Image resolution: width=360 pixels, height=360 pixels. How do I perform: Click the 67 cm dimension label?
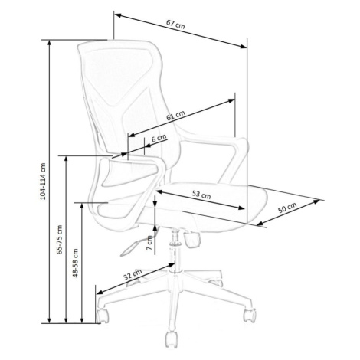(x=175, y=24)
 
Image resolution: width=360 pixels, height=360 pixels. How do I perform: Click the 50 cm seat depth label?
(x=287, y=208)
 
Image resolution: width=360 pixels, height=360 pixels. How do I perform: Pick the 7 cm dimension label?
(x=149, y=243)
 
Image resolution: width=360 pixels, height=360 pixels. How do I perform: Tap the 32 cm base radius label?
(x=133, y=274)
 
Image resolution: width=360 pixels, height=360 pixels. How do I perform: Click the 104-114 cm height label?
(x=43, y=182)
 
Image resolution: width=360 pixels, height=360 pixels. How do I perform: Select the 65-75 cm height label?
(x=60, y=240)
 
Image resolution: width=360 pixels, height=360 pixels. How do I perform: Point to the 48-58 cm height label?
(x=75, y=263)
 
